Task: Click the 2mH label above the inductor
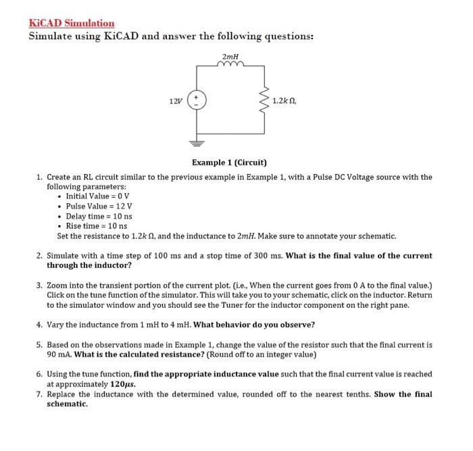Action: coord(230,56)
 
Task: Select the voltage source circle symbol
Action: coord(197,101)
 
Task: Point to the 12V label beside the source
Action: coord(175,101)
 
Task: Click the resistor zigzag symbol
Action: coord(264,101)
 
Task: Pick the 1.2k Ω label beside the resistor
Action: coord(284,101)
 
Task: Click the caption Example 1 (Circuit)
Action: coord(229,163)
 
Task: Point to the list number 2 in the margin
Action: coord(39,256)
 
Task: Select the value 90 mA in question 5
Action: coord(57,354)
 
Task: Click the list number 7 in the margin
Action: coord(39,394)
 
